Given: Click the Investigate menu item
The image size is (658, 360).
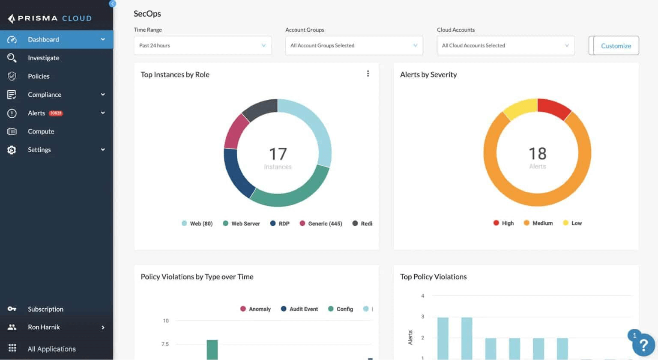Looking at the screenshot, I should [x=43, y=58].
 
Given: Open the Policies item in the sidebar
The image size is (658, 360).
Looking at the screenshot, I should [x=39, y=76].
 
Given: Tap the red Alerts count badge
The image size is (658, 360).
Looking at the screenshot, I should [x=56, y=113].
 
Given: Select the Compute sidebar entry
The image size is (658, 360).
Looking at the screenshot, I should [x=41, y=131].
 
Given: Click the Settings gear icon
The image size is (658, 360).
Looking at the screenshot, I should [x=12, y=150].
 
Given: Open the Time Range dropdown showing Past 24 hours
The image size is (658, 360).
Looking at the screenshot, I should [x=202, y=45].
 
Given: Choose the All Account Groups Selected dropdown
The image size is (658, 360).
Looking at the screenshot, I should [x=354, y=45].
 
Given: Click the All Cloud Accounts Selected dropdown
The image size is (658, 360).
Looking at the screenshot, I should [x=505, y=45].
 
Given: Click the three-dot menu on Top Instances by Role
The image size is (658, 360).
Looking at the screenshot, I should [x=368, y=74].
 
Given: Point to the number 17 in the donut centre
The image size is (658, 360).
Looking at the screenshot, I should [x=278, y=154].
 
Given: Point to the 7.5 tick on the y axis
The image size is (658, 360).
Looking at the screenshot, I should [x=165, y=344].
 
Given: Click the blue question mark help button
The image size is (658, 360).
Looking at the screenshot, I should [x=643, y=345].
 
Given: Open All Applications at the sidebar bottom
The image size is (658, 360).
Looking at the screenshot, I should [x=51, y=349].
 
